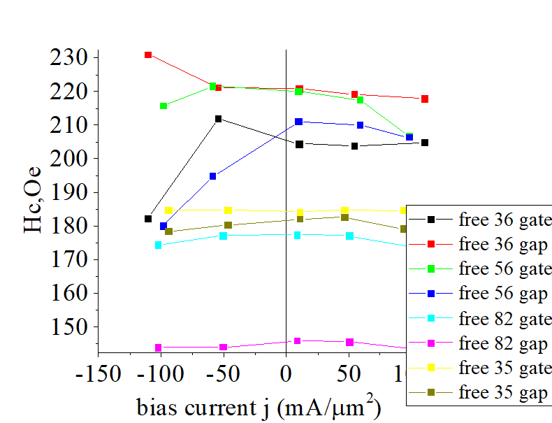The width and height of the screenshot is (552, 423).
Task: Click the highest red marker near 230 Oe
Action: tap(148, 55)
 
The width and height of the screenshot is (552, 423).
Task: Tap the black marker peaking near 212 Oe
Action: tap(218, 119)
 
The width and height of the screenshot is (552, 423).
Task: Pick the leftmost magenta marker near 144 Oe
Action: tap(159, 347)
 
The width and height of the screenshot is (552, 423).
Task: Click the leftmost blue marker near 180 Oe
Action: tap(164, 226)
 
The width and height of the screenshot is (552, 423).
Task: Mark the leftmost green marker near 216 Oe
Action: tap(164, 106)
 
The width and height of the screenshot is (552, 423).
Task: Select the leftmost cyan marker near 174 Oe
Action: tap(159, 245)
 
